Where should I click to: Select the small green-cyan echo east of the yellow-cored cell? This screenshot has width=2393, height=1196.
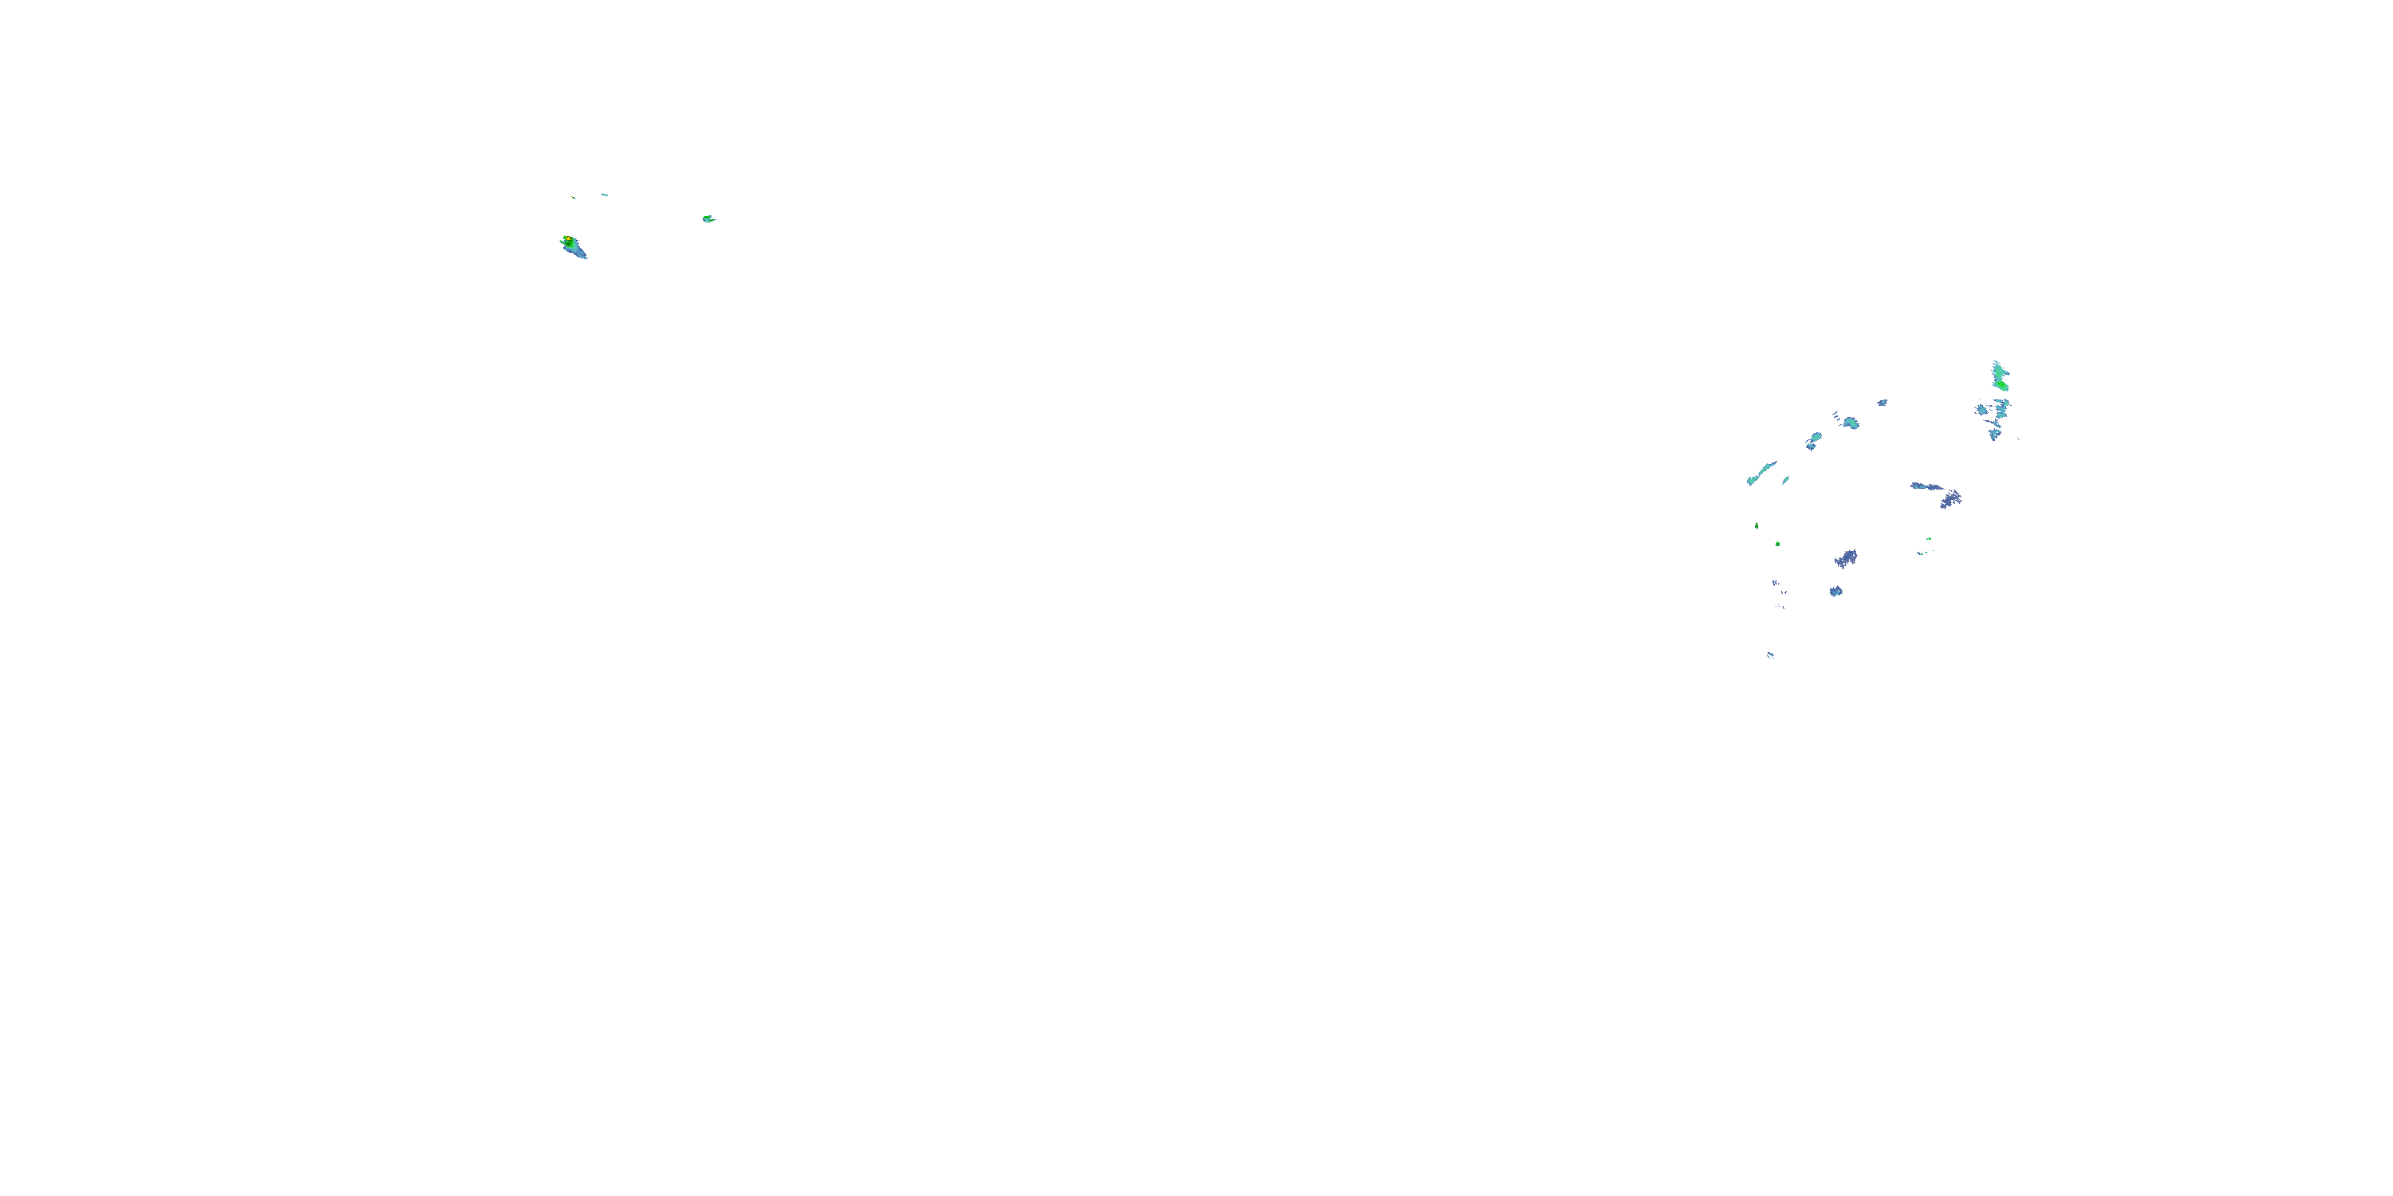708,219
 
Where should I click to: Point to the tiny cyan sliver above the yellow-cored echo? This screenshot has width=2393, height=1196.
604,195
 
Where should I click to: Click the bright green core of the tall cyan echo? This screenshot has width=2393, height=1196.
2002,384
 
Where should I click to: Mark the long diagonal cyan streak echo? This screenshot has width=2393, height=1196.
1760,473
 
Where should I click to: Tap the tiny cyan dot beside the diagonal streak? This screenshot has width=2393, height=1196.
1785,480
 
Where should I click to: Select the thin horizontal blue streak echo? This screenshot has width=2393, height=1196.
1925,486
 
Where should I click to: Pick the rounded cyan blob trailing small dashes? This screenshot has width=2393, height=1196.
1851,423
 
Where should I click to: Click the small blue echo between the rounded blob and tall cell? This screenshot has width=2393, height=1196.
1882,402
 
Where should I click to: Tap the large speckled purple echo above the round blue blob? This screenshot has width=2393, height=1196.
1846,558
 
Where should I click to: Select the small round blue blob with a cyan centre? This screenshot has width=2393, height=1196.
1835,591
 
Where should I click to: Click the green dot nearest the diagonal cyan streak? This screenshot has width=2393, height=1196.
1756,525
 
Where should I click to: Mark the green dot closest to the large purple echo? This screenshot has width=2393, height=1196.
1777,543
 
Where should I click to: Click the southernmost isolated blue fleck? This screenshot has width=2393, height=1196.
1770,655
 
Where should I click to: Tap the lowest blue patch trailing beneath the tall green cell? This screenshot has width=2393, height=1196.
1993,435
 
